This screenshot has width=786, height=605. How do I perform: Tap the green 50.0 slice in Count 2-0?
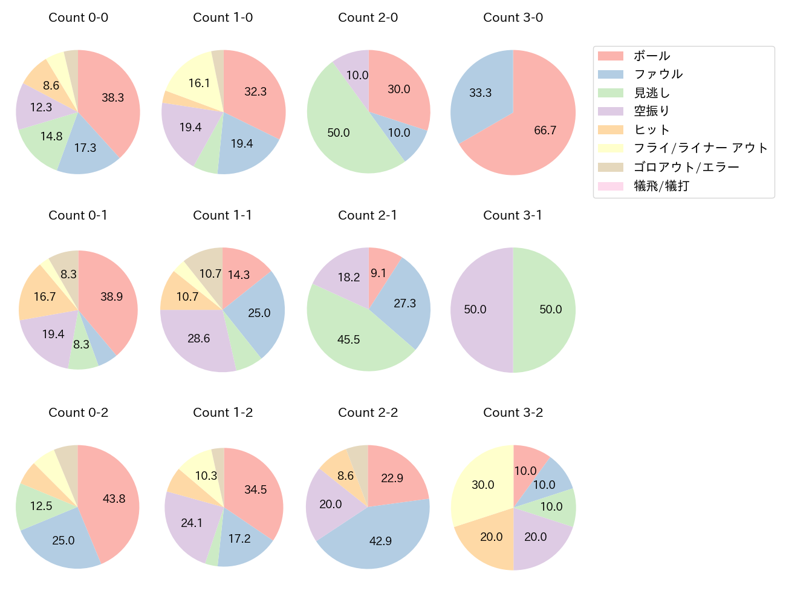[x=342, y=130]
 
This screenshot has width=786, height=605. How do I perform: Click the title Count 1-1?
[x=222, y=215]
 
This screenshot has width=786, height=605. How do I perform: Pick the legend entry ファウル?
[x=658, y=74]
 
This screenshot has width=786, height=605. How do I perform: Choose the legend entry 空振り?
[x=652, y=111]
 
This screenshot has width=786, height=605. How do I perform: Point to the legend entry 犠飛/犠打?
[x=661, y=186]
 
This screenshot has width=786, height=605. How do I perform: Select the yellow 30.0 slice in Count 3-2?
[x=482, y=484]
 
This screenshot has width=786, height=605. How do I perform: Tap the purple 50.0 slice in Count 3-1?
[x=478, y=310]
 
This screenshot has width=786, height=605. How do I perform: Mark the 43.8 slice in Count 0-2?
[x=112, y=499]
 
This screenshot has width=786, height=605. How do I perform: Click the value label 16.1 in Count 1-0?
[x=199, y=83]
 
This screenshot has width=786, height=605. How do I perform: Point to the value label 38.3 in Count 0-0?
[x=113, y=97]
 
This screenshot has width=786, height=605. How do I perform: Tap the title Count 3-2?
[x=513, y=413]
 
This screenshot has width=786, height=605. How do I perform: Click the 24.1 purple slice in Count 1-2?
[x=192, y=522]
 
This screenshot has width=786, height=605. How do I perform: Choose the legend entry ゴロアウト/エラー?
[x=686, y=167]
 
